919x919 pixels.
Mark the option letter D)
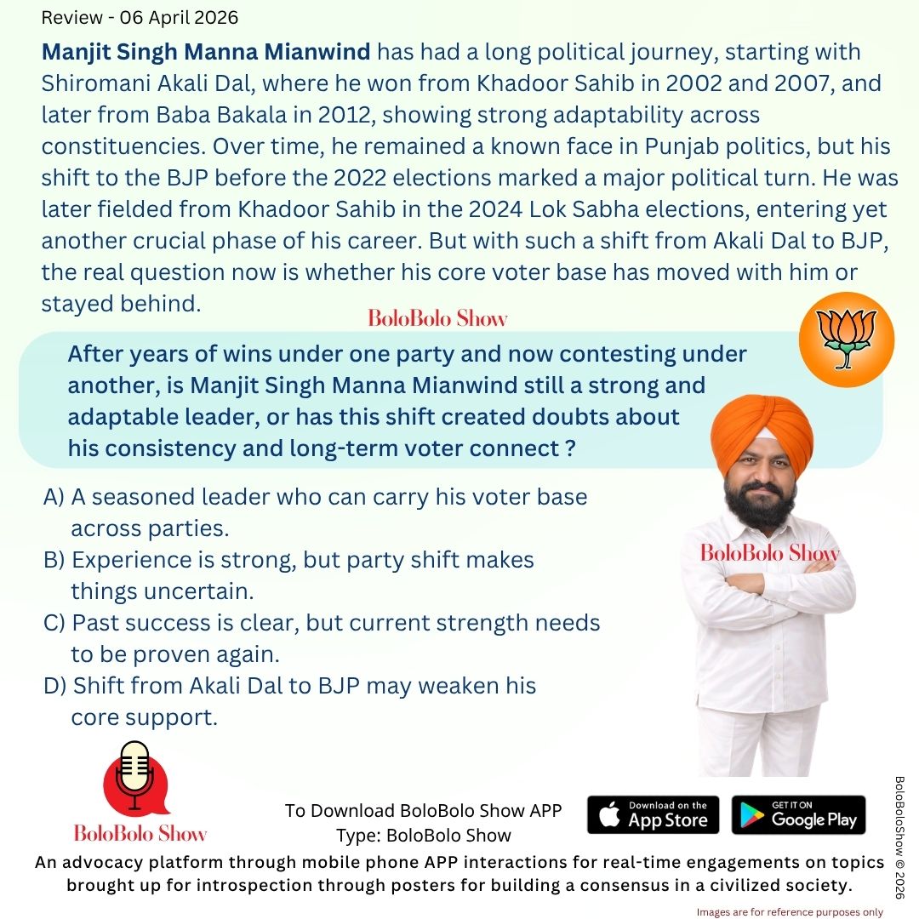(x=55, y=686)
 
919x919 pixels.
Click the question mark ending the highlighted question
(x=568, y=449)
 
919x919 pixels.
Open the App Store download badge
(x=653, y=814)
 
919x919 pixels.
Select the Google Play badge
(x=798, y=814)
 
